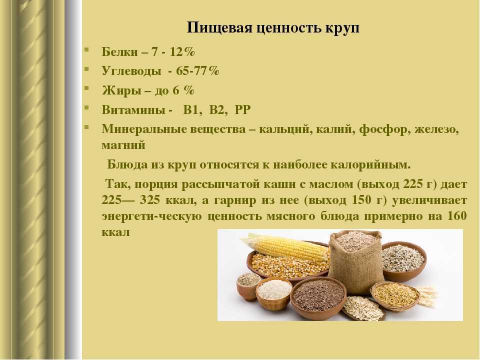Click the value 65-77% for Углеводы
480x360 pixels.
pyautogui.click(x=198, y=71)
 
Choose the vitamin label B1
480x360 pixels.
pyautogui.click(x=192, y=109)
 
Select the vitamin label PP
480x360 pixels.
pyautogui.click(x=243, y=109)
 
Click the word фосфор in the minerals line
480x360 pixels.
pyautogui.click(x=384, y=130)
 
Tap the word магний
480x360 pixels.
pyautogui.click(x=123, y=145)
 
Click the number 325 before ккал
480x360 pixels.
pyautogui.click(x=150, y=200)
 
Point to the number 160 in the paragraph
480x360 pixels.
pyautogui.click(x=457, y=216)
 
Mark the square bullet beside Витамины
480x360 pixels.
pyautogui.click(x=86, y=108)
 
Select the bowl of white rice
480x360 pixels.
pyautogui.click(x=274, y=293)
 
